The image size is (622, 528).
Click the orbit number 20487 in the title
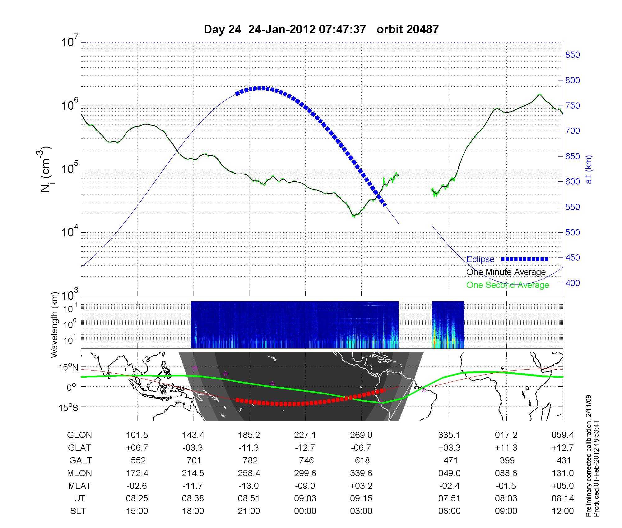pyautogui.click(x=407, y=30)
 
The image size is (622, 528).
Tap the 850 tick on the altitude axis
pyautogui.click(x=573, y=55)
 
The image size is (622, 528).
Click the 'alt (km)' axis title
pyautogui.click(x=589, y=169)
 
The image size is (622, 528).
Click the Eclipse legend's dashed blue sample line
pyautogui.click(x=525, y=259)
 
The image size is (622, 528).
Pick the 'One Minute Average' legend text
pyautogui.click(x=506, y=272)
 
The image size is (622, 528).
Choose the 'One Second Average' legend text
pyautogui.click(x=508, y=285)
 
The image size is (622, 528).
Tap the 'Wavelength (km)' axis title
pyautogui.click(x=55, y=325)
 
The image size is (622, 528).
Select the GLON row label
pyautogui.click(x=80, y=435)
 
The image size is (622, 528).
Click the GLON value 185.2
pyautogui.click(x=249, y=435)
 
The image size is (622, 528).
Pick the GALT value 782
pyautogui.click(x=250, y=460)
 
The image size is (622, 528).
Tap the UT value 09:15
pyautogui.click(x=361, y=498)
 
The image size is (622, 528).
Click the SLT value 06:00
pyautogui.click(x=449, y=511)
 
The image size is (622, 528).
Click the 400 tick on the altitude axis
pyautogui.click(x=573, y=283)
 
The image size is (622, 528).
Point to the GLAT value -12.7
pyautogui.click(x=305, y=448)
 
